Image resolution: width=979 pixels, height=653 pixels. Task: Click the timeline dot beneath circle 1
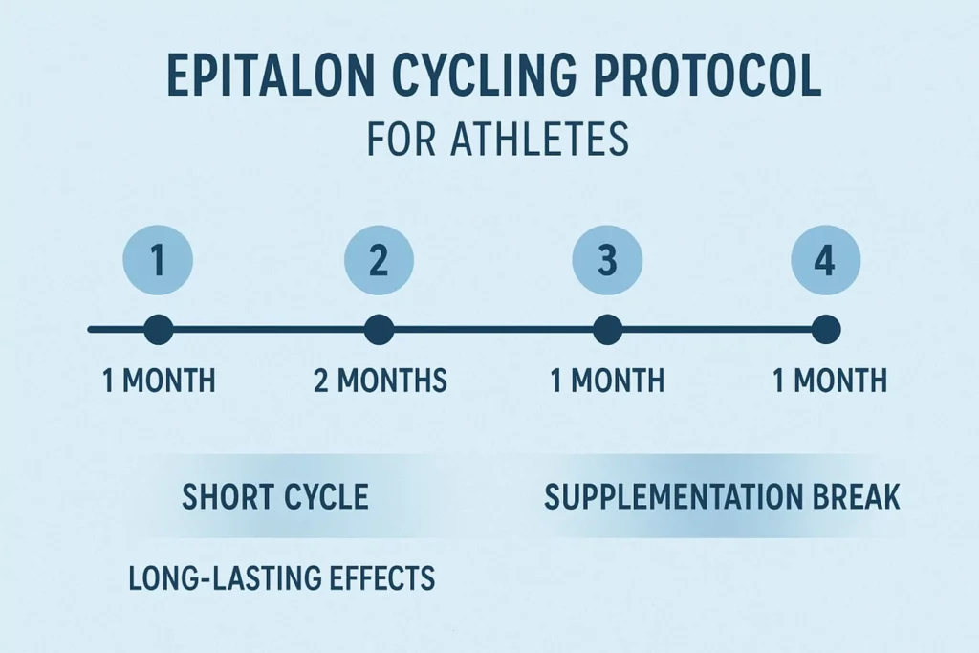159,331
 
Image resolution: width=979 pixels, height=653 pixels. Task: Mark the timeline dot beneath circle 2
379,331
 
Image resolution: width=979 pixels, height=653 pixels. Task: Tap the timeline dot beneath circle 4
826,331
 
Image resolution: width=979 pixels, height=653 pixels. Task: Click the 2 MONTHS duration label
380,381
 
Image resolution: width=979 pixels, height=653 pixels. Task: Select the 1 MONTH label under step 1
159,381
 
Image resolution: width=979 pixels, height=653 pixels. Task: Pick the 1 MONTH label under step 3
607,381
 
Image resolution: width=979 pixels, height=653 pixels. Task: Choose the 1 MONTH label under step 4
829,381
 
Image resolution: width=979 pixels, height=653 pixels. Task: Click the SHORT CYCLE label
274,497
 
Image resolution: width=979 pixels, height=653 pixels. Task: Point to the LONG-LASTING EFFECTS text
281,577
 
